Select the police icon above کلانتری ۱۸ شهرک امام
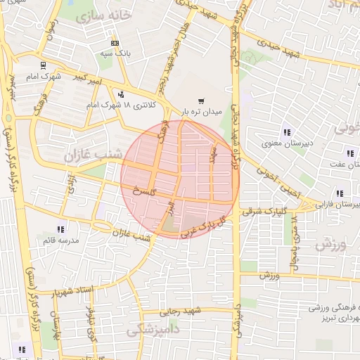[x=122, y=94]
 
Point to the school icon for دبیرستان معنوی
[x=286, y=131]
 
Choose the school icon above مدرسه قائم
[x=61, y=229]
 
